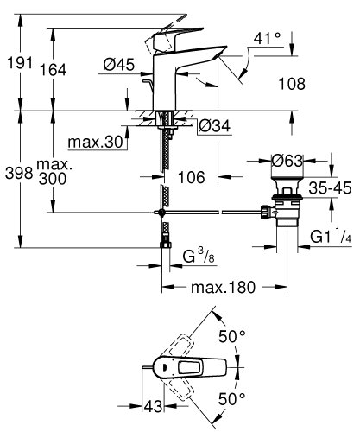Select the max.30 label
[98, 141]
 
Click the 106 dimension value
[191, 176]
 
